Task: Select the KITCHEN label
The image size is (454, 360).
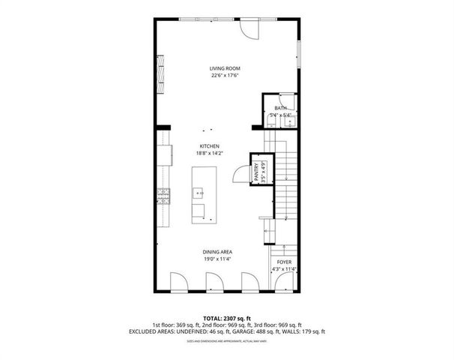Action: tap(209, 146)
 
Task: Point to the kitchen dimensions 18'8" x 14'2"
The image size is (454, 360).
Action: tap(209, 154)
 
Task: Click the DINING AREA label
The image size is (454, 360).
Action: tap(216, 251)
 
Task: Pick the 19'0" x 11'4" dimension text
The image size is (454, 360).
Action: tap(216, 259)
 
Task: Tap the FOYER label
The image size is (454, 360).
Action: tap(284, 262)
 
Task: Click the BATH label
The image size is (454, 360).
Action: tap(280, 109)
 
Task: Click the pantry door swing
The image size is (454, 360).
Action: tap(240, 174)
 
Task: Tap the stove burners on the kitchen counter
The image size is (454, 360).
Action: tap(163, 197)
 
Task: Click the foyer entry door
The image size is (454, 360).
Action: tap(284, 283)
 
